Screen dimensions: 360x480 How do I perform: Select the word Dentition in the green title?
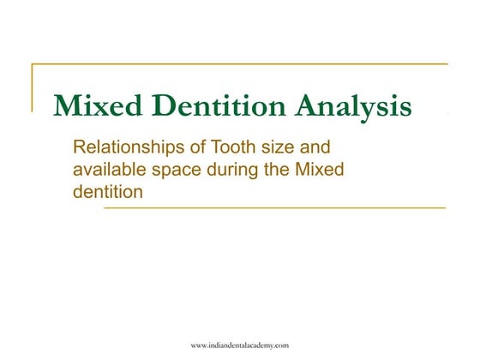pyautogui.click(x=217, y=106)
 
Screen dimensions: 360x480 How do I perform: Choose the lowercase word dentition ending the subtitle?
pyautogui.click(x=105, y=191)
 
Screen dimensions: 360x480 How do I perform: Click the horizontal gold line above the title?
pyautogui.click(x=240, y=64)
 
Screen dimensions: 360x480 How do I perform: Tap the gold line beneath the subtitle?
pyautogui.click(x=274, y=208)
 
